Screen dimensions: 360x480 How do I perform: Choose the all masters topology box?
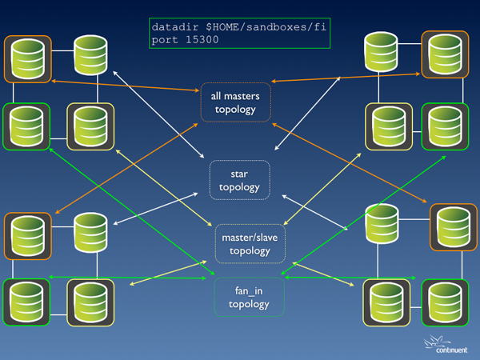(236, 102)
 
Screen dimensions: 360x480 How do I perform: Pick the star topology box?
(239, 180)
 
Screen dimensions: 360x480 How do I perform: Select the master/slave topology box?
(250, 244)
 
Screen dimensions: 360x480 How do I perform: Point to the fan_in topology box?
(249, 297)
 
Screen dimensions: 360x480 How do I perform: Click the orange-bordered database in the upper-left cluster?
(28, 59)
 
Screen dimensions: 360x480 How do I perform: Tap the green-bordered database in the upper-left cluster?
(27, 126)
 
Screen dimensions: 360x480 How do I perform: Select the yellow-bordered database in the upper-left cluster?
(90, 126)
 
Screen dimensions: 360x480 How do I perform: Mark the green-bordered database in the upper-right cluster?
(445, 126)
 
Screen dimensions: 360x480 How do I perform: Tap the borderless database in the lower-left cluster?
(90, 230)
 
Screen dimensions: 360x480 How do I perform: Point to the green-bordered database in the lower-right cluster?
(445, 302)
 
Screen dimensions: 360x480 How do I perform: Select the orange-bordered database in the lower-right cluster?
(454, 227)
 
